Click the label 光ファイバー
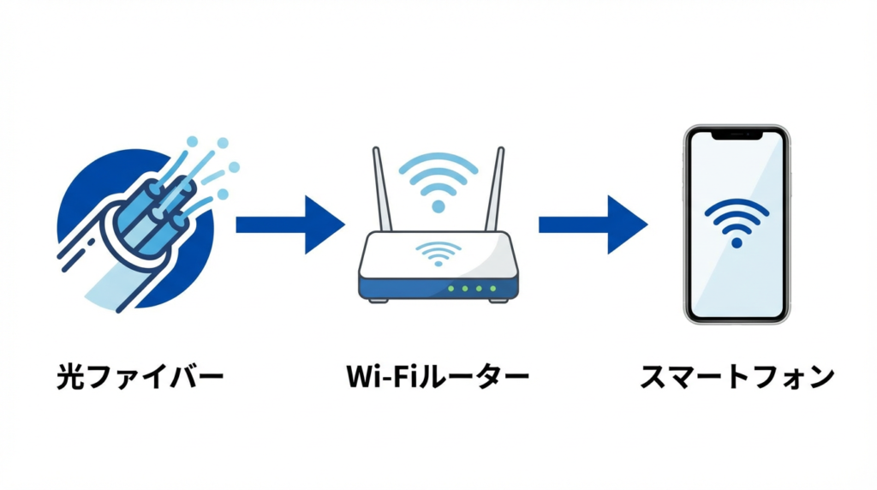tap(139, 377)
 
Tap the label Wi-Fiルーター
tap(438, 377)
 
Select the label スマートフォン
tap(737, 377)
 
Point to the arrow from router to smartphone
tap(592, 224)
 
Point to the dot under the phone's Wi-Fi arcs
tap(737, 243)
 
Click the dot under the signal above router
tap(438, 206)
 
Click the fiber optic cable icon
tap(141, 227)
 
